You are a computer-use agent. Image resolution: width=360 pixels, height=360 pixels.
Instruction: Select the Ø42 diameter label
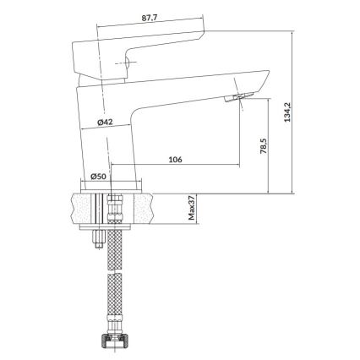click(x=106, y=123)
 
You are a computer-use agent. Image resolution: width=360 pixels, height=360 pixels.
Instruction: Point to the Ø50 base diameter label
click(x=98, y=177)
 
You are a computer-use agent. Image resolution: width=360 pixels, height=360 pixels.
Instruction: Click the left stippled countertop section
click(x=85, y=208)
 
